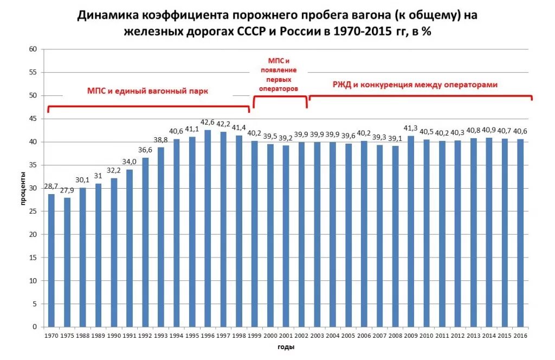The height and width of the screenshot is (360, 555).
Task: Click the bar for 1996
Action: click(x=208, y=228)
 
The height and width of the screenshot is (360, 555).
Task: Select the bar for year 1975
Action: click(x=67, y=262)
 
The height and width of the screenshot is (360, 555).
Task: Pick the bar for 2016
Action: click(x=520, y=233)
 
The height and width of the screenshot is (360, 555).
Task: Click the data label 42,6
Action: click(x=208, y=123)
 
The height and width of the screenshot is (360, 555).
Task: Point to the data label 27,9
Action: click(x=67, y=191)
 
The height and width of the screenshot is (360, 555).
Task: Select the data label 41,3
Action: click(x=411, y=128)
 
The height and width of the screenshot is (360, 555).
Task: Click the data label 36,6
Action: click(x=145, y=150)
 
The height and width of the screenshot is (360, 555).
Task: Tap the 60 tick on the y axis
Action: click(x=33, y=49)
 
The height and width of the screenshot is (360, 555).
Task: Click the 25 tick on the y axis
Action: click(x=33, y=211)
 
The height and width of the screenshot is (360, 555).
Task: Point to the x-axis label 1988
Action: click(x=83, y=336)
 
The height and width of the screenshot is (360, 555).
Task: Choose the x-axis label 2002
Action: click(x=301, y=336)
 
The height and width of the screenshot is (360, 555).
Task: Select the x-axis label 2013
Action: click(x=473, y=336)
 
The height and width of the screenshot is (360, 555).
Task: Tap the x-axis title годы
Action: click(x=286, y=348)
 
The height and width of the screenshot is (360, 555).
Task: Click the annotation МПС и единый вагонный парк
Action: click(x=147, y=91)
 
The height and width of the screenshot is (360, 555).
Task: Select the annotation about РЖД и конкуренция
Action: click(x=415, y=85)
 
